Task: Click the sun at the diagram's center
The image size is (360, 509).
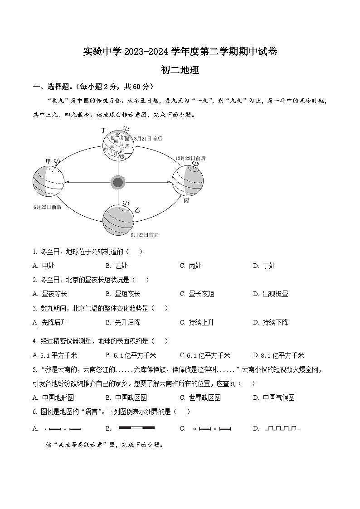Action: tap(118, 182)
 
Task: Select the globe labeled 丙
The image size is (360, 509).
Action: tap(187, 181)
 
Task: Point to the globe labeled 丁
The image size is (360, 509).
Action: tap(118, 145)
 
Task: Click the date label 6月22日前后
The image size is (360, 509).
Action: tap(47, 207)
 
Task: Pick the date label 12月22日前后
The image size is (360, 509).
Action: tap(190, 158)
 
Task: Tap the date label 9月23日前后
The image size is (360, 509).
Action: tap(145, 235)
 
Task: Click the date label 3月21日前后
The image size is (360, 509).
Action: tap(148, 138)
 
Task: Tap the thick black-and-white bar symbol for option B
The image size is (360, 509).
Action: tap(136, 427)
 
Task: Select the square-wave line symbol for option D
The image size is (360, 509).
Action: tap(282, 428)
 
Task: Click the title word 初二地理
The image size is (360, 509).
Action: tap(180, 70)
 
